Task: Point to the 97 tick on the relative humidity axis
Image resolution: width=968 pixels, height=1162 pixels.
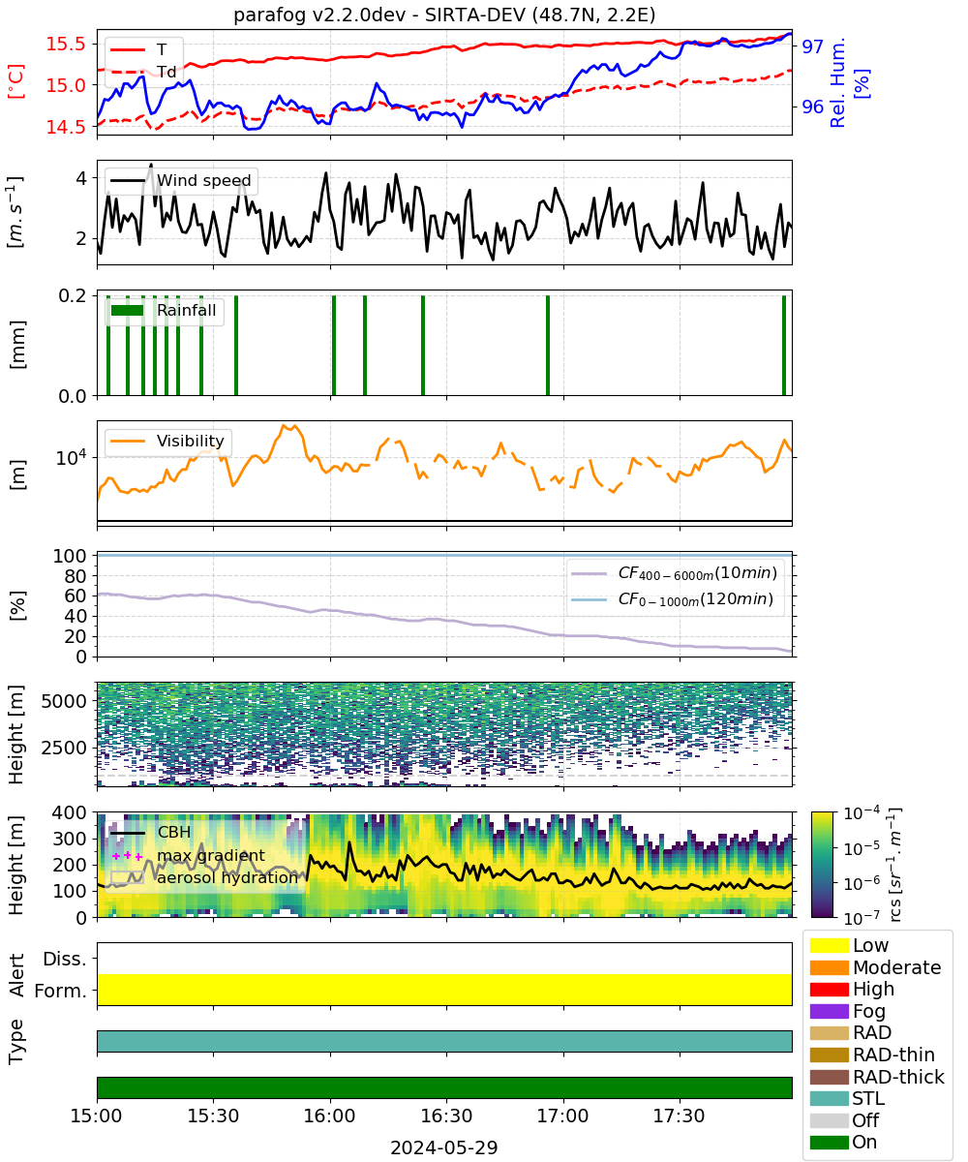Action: pyautogui.click(x=812, y=46)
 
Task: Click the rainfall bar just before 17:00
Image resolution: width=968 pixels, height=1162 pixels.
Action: pyautogui.click(x=548, y=345)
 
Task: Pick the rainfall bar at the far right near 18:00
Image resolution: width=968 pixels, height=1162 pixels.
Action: pyautogui.click(x=784, y=345)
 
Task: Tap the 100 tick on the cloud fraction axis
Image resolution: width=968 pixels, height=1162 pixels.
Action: pyautogui.click(x=70, y=556)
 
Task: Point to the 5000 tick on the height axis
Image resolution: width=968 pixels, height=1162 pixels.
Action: pyautogui.click(x=64, y=701)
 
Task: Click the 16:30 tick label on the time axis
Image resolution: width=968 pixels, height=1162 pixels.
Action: pyautogui.click(x=446, y=1116)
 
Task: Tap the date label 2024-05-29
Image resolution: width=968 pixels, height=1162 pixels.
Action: pyautogui.click(x=444, y=1147)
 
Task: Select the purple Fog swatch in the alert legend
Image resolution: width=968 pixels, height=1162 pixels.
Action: pyautogui.click(x=829, y=1011)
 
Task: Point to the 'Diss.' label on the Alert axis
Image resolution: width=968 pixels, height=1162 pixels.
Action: pyautogui.click(x=65, y=959)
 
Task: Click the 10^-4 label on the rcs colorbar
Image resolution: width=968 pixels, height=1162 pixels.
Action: pyautogui.click(x=862, y=813)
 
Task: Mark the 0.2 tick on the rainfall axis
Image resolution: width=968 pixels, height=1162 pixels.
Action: pyautogui.click(x=73, y=295)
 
